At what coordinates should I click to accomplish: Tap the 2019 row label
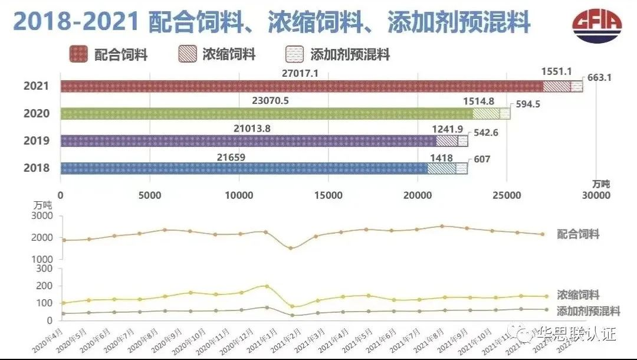(x=36, y=141)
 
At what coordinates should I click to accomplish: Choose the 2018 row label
(x=36, y=169)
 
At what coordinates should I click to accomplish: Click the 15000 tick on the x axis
(x=329, y=195)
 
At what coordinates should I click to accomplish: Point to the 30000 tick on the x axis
(x=596, y=195)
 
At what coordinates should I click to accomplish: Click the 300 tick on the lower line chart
(x=45, y=269)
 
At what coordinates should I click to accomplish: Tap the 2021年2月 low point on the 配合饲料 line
(x=291, y=248)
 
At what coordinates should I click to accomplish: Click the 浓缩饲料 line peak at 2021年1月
(x=267, y=286)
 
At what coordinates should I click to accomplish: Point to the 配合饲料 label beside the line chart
(x=577, y=234)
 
